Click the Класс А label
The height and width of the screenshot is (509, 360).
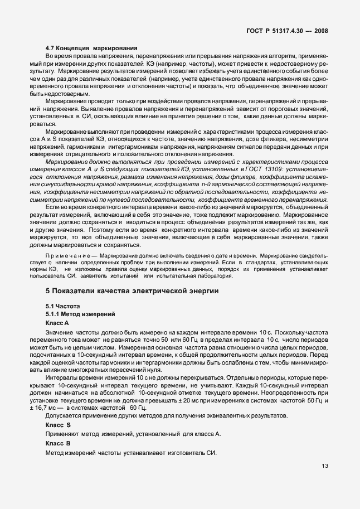57,323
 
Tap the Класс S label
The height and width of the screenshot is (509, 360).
57,425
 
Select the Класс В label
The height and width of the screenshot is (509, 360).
57,442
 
